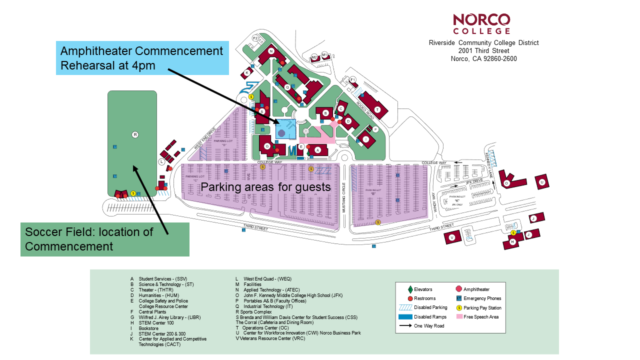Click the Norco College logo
481,23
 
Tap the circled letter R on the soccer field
134,134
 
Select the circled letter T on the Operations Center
377,109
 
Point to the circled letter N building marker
271,51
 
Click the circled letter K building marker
247,73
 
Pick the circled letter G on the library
267,146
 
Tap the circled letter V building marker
452,237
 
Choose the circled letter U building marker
541,182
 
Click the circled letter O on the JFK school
506,183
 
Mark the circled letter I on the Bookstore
366,139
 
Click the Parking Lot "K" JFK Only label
457,200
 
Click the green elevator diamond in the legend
410,289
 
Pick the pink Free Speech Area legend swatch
459,316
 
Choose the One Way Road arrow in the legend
405,326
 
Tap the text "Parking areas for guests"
265,187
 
